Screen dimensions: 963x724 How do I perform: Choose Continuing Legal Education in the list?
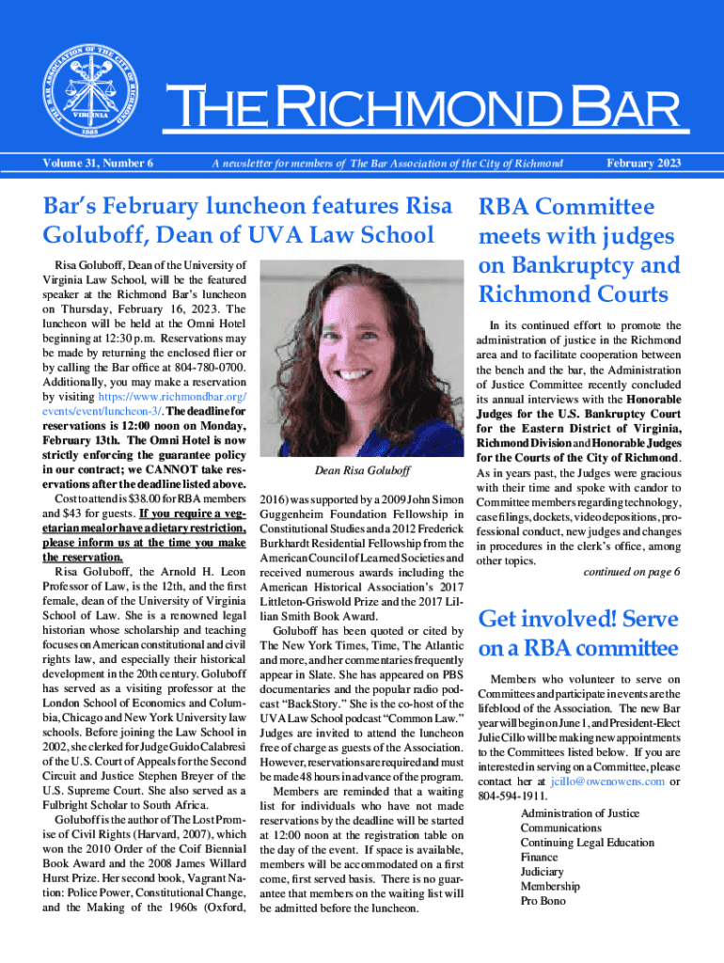point(587,843)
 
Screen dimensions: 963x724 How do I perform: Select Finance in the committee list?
point(541,857)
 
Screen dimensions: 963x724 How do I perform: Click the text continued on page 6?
point(631,572)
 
